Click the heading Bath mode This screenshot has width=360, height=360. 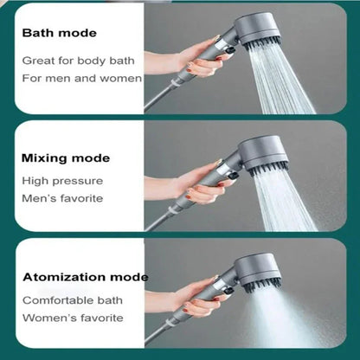(60, 33)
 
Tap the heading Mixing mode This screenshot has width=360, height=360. (66, 158)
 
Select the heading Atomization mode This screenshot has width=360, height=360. (86, 277)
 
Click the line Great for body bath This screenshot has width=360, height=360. (78, 61)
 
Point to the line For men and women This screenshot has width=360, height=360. (82, 78)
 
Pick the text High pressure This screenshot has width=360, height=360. (62, 181)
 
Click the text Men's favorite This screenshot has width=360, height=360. (62, 198)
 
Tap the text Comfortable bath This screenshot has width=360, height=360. (73, 300)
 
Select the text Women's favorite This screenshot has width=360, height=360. (73, 318)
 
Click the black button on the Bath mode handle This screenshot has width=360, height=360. (230, 51)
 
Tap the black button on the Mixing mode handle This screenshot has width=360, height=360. (233, 176)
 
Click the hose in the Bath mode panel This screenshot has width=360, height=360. (159, 97)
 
